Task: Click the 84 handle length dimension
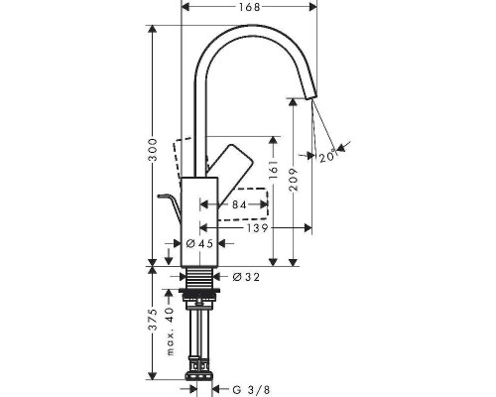(238, 205)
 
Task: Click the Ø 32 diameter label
(245, 277)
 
